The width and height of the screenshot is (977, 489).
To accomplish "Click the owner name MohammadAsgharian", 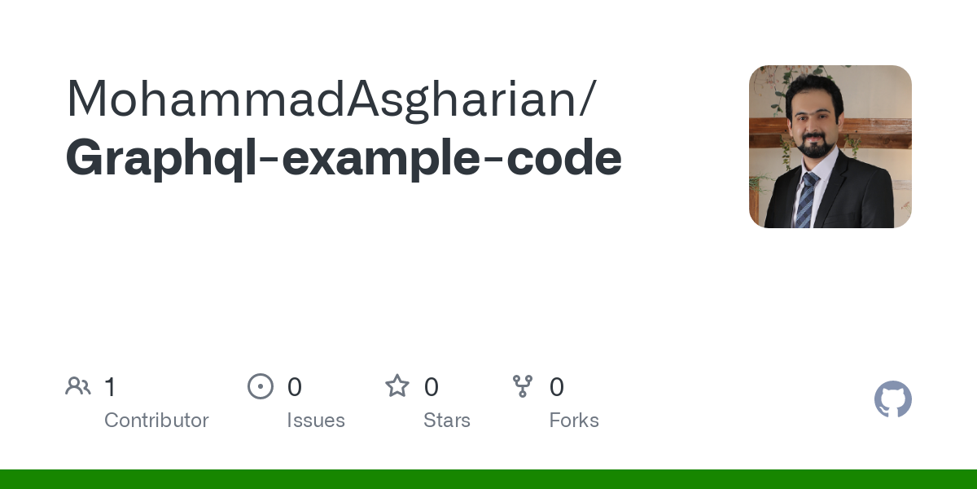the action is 322,99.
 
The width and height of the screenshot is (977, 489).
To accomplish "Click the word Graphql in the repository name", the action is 161,159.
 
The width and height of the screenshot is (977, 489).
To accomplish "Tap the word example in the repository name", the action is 381,159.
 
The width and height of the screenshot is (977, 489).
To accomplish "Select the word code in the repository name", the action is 564,156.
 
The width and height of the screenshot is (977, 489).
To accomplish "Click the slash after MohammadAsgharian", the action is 588,99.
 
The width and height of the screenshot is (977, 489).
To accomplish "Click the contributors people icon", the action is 78,386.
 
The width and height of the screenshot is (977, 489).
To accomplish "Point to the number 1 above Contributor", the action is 110,387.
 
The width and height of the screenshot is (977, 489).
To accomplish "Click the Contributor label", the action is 156,420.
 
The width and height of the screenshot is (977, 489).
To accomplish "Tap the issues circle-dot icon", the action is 261,386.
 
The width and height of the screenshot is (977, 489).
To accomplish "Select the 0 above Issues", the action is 295,387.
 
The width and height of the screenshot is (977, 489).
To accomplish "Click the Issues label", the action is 316,420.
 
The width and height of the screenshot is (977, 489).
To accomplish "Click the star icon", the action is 397,386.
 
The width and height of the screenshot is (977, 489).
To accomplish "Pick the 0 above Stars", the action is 432,387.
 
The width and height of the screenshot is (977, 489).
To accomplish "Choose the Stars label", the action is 447,420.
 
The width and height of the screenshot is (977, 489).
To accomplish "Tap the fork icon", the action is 523,386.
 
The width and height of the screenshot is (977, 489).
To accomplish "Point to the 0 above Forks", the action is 557,387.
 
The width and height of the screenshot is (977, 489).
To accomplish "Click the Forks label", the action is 574,420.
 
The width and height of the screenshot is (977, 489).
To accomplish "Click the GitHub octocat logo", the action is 893,399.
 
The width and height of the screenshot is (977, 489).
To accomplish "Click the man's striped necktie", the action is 807,200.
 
